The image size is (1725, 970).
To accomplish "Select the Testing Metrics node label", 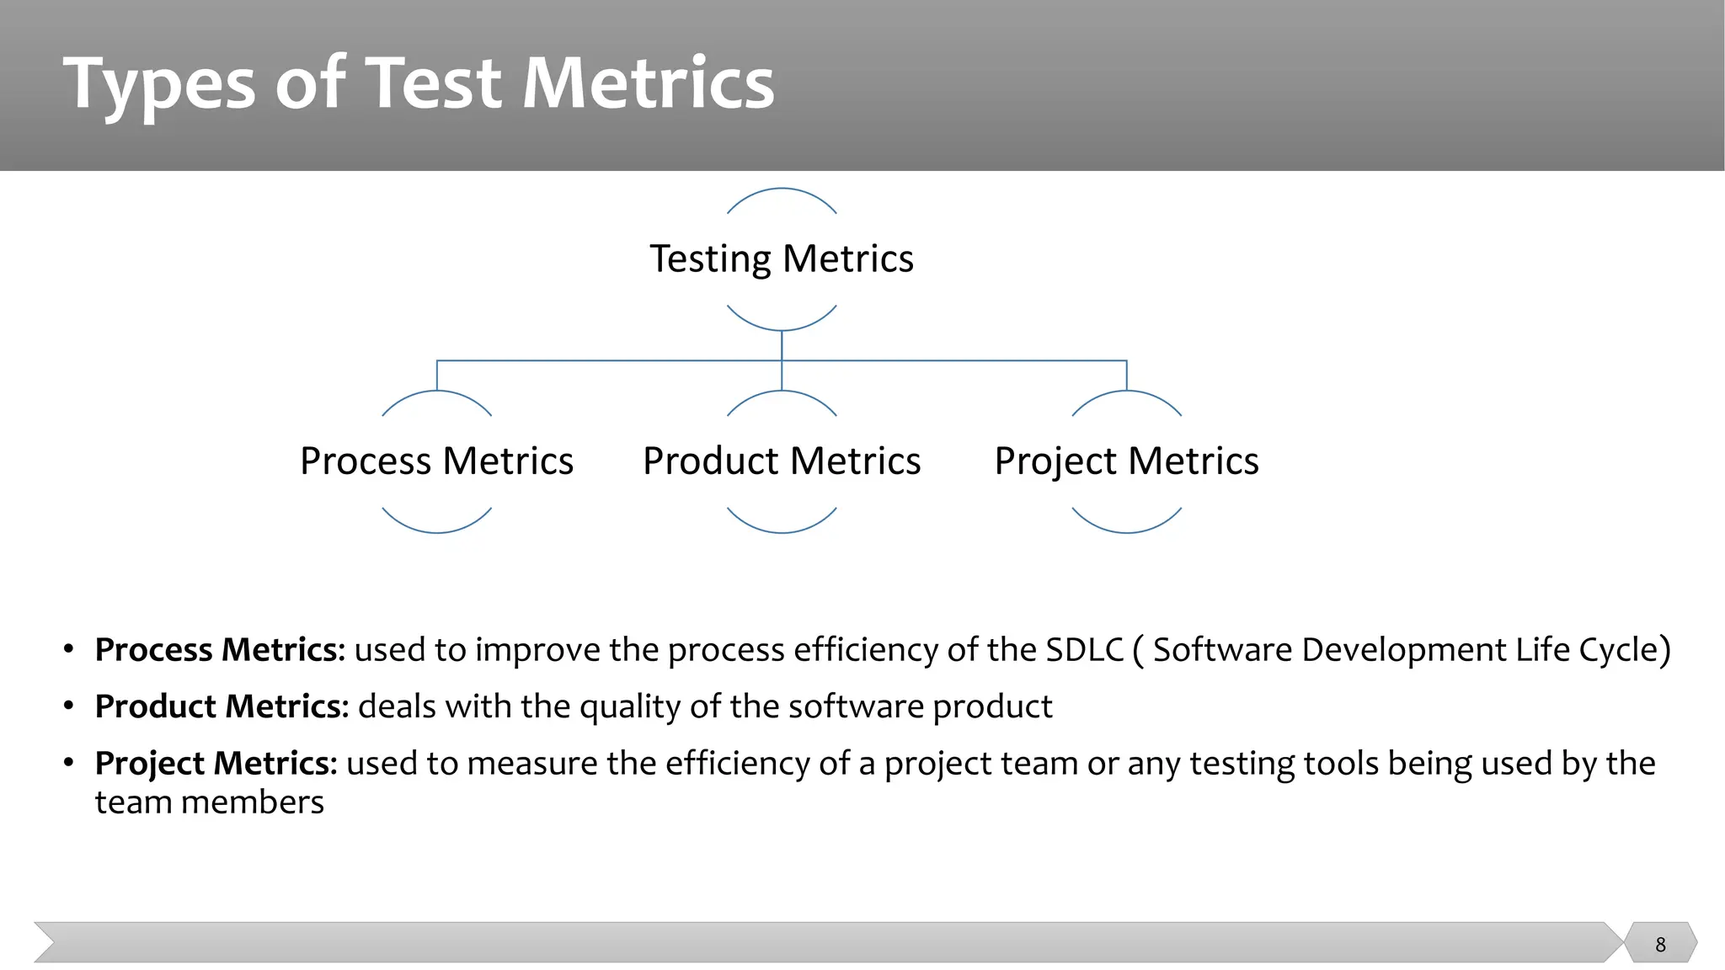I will (x=781, y=258).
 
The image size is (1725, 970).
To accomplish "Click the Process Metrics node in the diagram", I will (x=436, y=461).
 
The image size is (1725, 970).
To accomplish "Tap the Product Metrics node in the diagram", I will (x=781, y=461).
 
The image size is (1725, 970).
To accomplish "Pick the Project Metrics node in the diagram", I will (x=1126, y=461).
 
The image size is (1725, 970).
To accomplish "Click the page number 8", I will (x=1660, y=945).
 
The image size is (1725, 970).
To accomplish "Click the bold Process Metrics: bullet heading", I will (x=220, y=650).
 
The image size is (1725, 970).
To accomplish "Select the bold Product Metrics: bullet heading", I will (x=222, y=706).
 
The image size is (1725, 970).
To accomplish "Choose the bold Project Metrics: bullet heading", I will (x=216, y=764).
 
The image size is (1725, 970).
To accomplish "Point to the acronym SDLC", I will (x=1085, y=650).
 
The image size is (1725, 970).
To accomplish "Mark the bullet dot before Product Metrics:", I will (x=69, y=706).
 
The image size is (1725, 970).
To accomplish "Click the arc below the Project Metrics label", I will (x=1126, y=530).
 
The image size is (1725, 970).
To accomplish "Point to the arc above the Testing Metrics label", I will (x=781, y=190).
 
